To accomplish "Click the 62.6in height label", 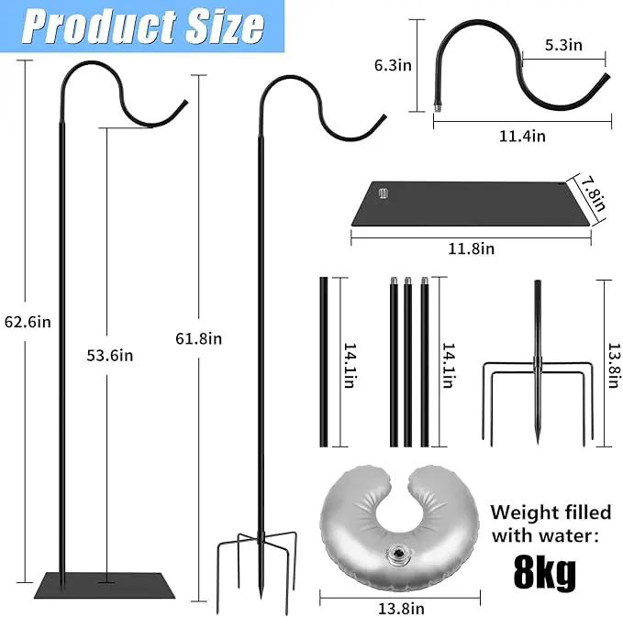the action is (28, 322).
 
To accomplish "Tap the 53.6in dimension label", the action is (110, 356).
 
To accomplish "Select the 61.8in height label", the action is (199, 338).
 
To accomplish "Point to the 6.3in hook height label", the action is (393, 65).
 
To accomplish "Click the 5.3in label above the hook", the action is (563, 45).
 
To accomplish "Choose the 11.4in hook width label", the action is (522, 137).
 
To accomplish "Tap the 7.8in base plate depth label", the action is (595, 194).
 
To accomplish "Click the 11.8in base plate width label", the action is (472, 249).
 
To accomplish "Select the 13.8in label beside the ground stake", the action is (614, 366).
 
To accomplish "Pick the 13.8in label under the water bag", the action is (401, 609).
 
